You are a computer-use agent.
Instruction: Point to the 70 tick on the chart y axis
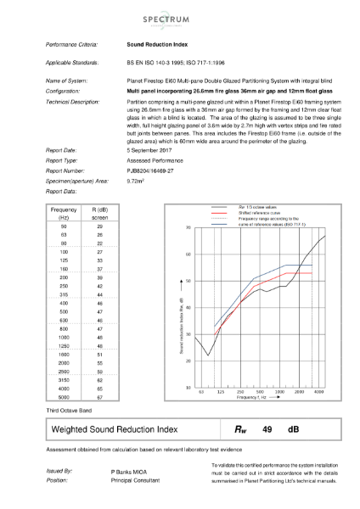(x=188, y=229)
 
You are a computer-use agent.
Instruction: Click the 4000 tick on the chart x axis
(x=318, y=394)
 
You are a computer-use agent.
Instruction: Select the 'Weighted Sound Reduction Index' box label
(x=115, y=430)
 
